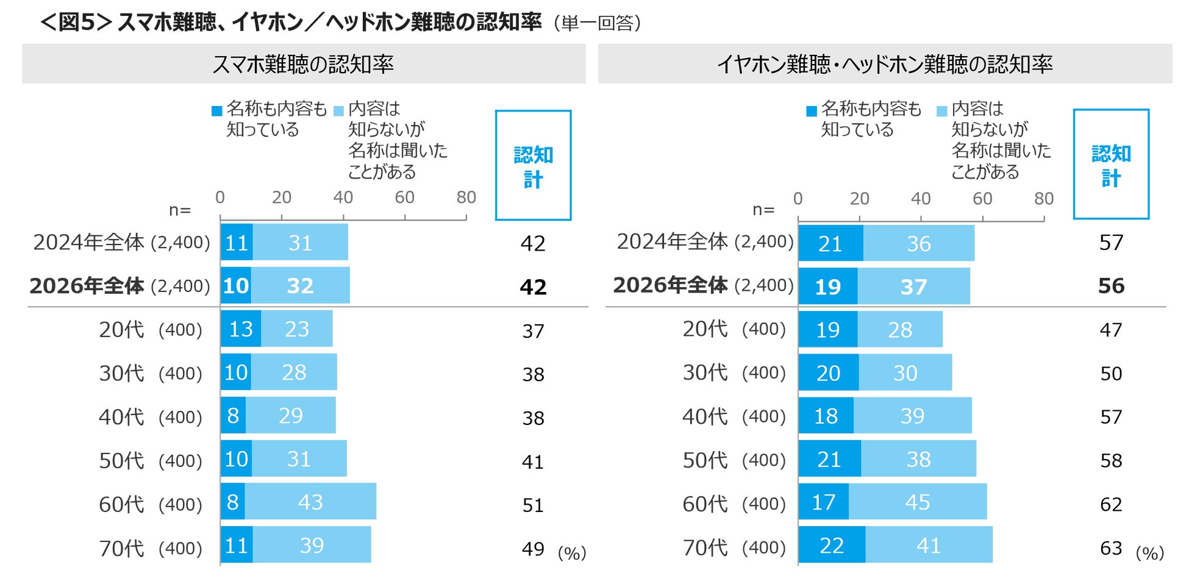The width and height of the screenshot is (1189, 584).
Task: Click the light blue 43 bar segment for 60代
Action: (x=310, y=502)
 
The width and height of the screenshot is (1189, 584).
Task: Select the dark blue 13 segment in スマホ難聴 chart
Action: (x=241, y=329)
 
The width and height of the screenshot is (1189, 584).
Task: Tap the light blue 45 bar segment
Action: (x=917, y=502)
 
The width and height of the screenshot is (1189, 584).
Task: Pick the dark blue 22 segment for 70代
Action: (x=832, y=545)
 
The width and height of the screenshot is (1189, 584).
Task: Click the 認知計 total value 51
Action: (x=533, y=505)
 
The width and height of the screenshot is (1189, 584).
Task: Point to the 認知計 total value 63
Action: (x=1111, y=548)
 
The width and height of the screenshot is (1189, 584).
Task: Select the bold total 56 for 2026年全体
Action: (x=1111, y=286)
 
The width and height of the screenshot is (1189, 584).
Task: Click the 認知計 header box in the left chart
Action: (x=533, y=165)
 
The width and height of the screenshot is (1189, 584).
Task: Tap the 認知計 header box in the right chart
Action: (x=1111, y=164)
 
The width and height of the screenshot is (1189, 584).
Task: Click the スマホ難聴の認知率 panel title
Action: (x=303, y=64)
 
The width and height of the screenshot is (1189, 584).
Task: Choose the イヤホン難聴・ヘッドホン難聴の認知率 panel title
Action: (x=885, y=64)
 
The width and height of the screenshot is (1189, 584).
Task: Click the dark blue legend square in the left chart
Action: (x=216, y=111)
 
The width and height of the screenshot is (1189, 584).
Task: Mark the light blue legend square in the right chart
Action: (x=941, y=111)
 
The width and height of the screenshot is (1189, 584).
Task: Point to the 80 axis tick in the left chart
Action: (x=466, y=198)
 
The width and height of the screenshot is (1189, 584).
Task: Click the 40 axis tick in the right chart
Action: (x=921, y=199)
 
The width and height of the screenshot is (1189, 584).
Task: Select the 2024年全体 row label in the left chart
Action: (x=88, y=243)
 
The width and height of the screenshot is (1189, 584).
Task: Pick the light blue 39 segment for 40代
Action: (x=912, y=416)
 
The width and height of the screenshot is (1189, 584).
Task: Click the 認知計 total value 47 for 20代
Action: (x=1111, y=330)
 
